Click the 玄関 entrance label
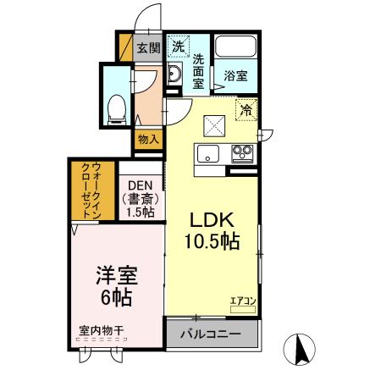pyautogui.click(x=149, y=47)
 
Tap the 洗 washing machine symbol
pyautogui.click(x=178, y=47)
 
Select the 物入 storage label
pyautogui.click(x=147, y=139)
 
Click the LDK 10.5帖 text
pyautogui.click(x=213, y=228)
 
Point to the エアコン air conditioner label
pyautogui.click(x=242, y=299)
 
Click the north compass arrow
pyautogui.click(x=300, y=349)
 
